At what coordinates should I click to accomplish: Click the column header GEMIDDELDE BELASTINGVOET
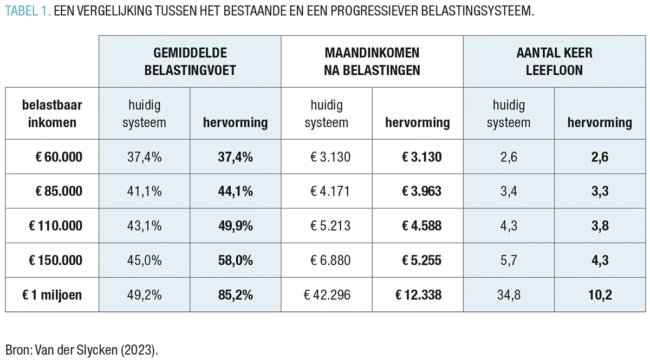coord(190,61)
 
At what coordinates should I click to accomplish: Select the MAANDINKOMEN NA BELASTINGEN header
coord(372,61)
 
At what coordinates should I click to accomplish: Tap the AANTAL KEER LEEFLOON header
coord(554,61)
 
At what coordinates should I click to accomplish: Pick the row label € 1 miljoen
coord(53,295)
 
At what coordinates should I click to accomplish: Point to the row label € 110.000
coord(56,226)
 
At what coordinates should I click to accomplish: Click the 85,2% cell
coord(236,295)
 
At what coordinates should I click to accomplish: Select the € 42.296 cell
coord(327,295)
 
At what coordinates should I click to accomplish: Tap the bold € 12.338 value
coord(418,295)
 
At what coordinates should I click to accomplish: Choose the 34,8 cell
coord(509,295)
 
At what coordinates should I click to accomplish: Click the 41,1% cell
coord(144,192)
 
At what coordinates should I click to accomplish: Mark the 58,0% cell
coord(236,260)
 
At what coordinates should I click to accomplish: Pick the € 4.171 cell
coord(330,192)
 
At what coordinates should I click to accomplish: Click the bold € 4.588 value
coord(421,226)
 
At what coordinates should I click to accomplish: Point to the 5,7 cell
coord(509,260)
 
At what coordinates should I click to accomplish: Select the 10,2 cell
coord(600,295)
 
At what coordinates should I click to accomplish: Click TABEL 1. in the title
coord(27,11)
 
